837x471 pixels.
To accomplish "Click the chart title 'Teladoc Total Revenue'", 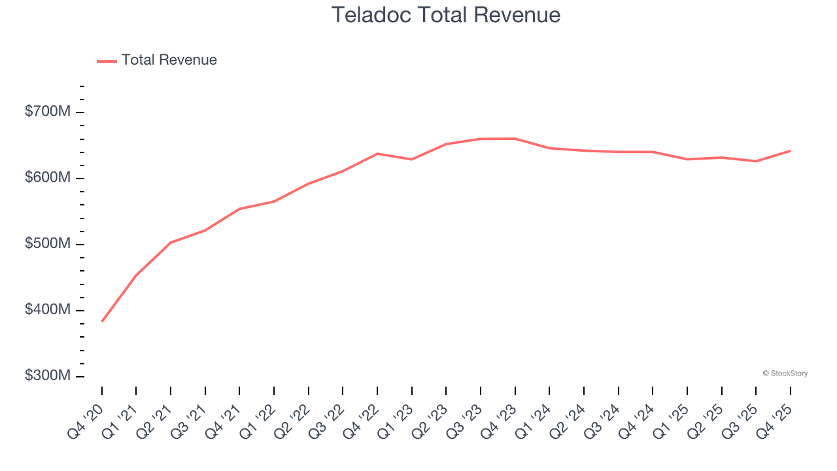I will pos(446,15).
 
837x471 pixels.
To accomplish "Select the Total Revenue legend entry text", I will pos(169,60).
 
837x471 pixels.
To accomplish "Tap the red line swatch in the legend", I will pos(107,61).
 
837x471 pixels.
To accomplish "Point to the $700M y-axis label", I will pos(47,112).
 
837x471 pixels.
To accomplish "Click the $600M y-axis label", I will pos(47,178).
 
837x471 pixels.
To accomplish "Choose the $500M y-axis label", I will pos(47,244).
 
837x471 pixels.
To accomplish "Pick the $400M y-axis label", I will pos(47,310).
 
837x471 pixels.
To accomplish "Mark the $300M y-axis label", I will pos(47,376).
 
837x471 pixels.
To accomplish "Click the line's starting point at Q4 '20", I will pos(102,321).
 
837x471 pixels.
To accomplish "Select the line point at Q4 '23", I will pos(515,138).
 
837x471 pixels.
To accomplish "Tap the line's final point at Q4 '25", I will pos(790,150).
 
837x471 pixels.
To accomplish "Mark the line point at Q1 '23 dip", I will pos(411,159).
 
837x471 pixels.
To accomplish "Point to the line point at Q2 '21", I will pos(171,243).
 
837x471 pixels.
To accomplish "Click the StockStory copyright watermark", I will pos(785,374).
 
